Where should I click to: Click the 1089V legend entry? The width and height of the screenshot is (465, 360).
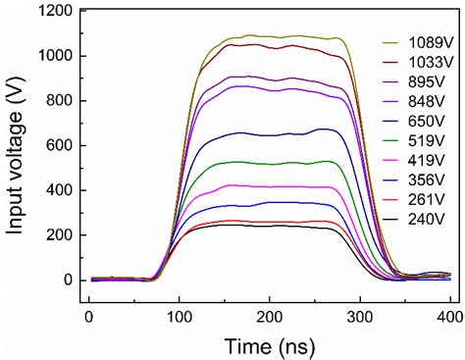[x=423, y=44]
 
